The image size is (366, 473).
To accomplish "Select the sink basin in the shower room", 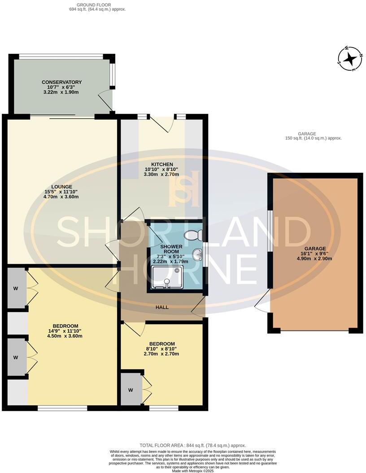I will coord(197,255).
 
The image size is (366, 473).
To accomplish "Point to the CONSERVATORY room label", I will coord(61,82).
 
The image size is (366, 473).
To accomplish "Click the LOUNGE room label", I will coord(62,186).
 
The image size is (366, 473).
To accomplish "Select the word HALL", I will coord(162,307).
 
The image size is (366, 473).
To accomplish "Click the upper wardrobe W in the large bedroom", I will coord(15,288).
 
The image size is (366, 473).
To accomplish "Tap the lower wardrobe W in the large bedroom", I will coord(15,357).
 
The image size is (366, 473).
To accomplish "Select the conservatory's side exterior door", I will coord(106,100).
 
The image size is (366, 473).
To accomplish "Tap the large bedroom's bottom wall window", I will coord(62,408).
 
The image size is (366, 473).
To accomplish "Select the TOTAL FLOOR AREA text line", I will coord(193,445).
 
